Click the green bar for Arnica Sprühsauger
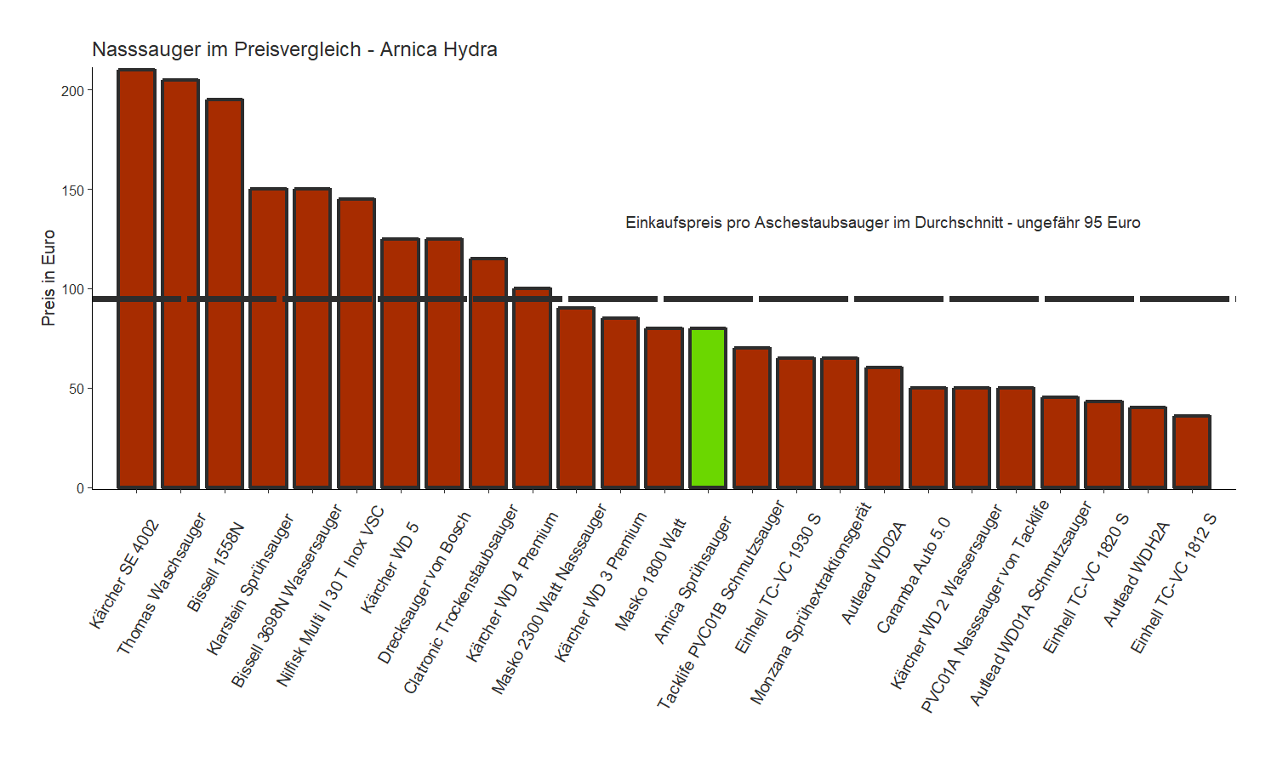[708, 408]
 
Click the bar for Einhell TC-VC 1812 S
[1192, 452]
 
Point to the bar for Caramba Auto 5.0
[927, 438]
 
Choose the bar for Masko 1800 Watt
[664, 408]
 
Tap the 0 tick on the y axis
[80, 488]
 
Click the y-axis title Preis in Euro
[48, 278]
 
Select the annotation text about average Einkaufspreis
[882, 223]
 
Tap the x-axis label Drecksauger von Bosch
[425, 587]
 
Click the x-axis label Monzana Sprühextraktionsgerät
[811, 603]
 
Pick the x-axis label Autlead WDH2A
[1137, 574]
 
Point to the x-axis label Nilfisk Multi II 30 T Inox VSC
[331, 595]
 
